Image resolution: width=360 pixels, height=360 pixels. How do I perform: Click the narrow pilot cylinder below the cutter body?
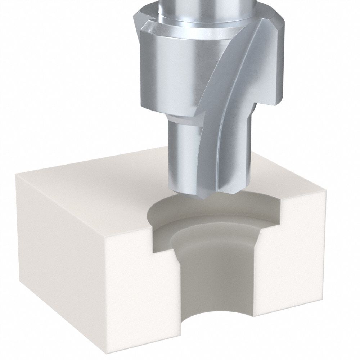(184, 151)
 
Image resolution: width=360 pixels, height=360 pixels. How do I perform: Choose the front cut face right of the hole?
(288, 252)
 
